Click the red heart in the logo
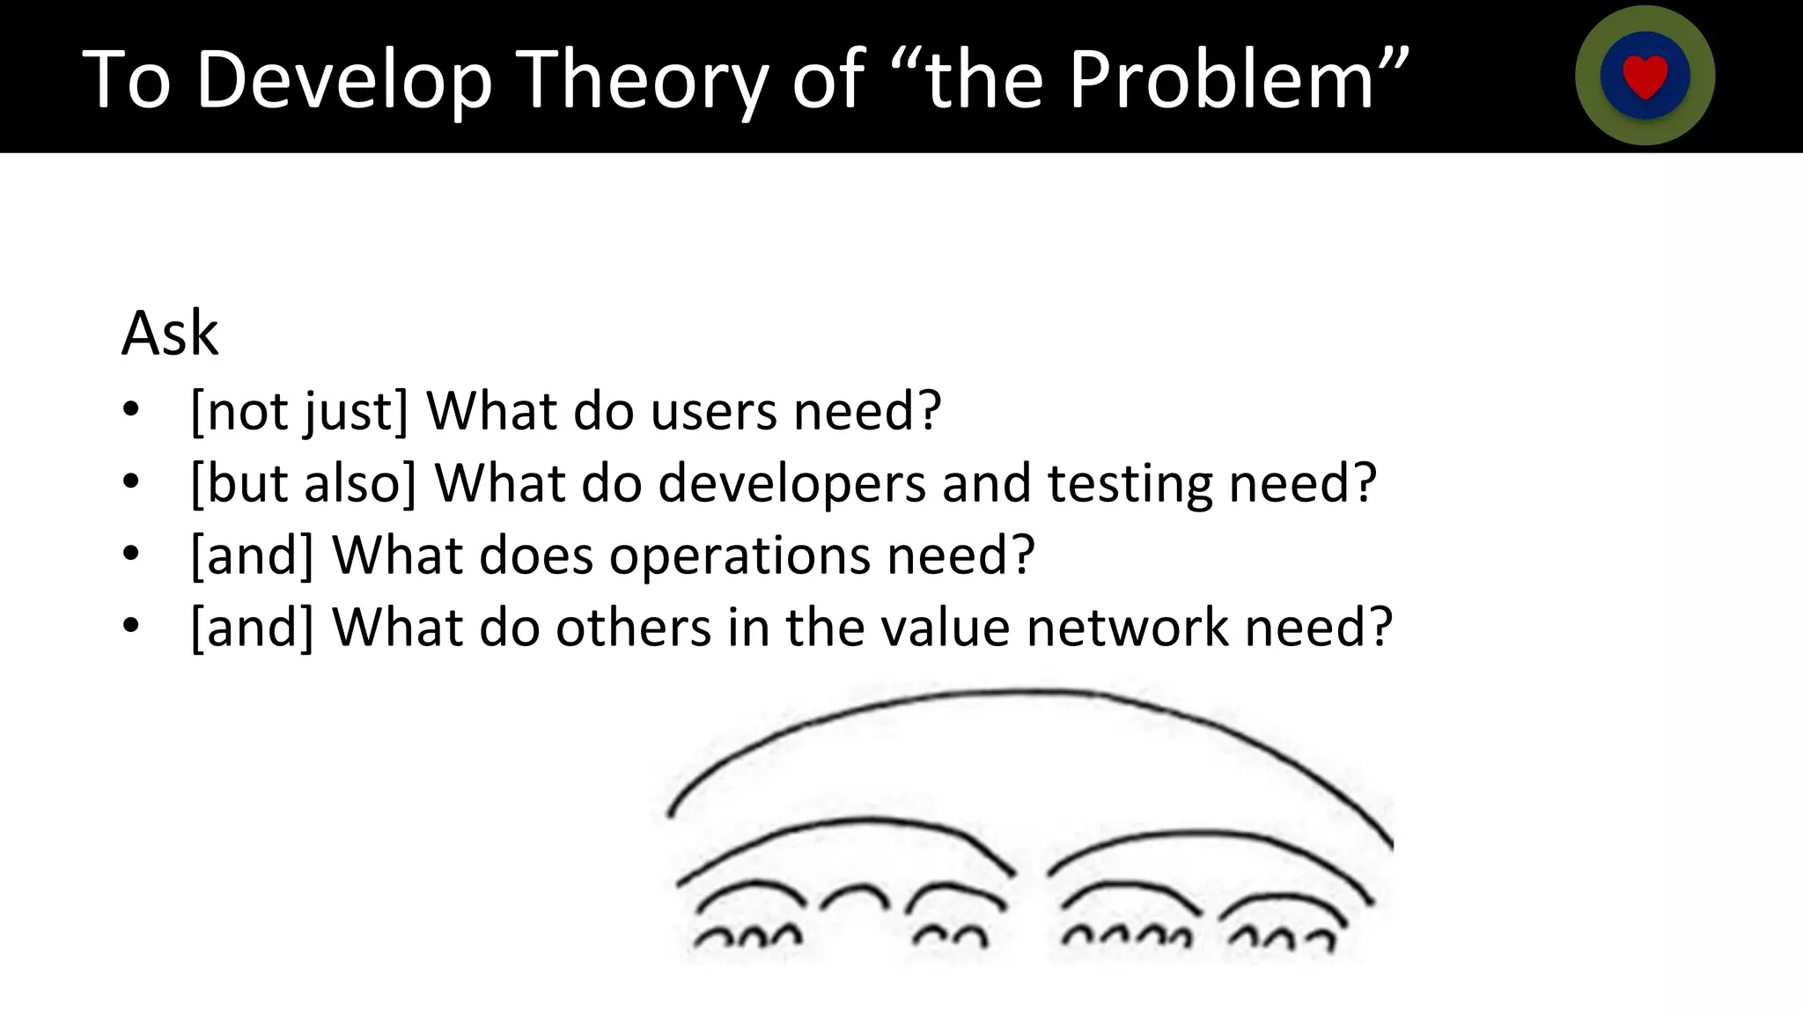[x=1645, y=77]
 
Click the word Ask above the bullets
[x=170, y=334]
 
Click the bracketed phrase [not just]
[x=299, y=411]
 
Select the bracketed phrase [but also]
[x=303, y=483]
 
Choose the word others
[x=633, y=628]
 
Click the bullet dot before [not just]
[x=131, y=410]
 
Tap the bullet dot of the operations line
[x=131, y=555]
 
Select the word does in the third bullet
[x=535, y=555]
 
